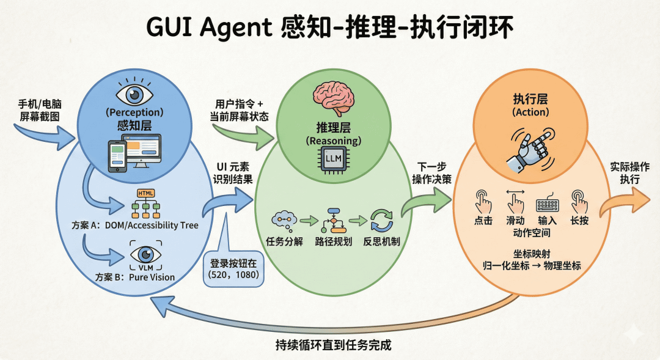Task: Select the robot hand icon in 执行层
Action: [530, 148]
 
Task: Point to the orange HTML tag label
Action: [146, 193]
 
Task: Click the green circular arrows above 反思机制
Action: [382, 221]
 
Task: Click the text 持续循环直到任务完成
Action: [333, 345]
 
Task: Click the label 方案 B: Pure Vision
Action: [135, 277]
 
